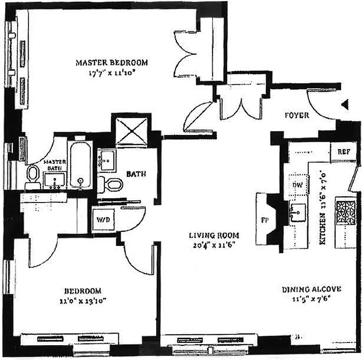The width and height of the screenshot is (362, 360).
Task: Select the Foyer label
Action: coord(297,115)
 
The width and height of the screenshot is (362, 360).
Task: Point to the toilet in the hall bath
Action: coord(111,184)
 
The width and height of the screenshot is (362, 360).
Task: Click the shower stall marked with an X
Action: coord(131,132)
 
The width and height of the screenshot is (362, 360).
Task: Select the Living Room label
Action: coord(213,235)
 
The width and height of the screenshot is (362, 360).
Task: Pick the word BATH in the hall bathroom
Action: coord(135,174)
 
